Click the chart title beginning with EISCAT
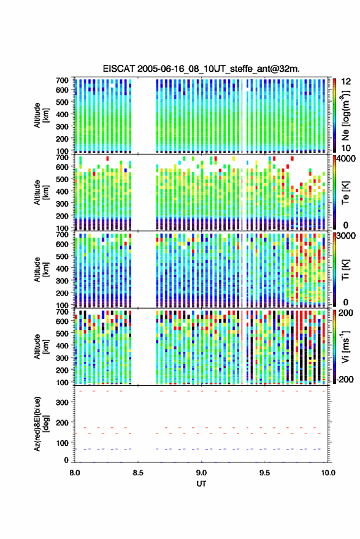(201, 69)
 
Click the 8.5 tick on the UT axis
(138, 473)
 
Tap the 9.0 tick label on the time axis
(201, 473)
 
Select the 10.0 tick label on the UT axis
(328, 473)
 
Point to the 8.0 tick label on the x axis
(75, 473)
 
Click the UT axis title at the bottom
(201, 484)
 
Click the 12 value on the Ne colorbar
(346, 82)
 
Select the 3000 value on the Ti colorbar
(347, 236)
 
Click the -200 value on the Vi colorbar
(344, 380)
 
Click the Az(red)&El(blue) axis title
(40, 424)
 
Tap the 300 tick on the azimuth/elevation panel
(62, 402)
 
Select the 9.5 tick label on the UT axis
(264, 473)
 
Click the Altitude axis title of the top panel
(40, 115)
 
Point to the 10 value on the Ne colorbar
(346, 148)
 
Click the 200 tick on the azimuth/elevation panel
(62, 423)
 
